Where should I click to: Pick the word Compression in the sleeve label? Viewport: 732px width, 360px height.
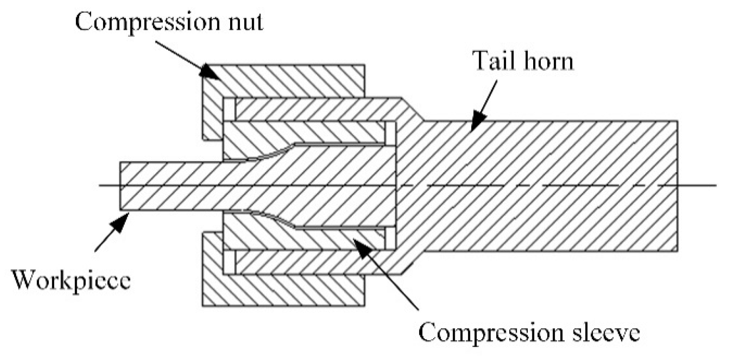click(x=487, y=333)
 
